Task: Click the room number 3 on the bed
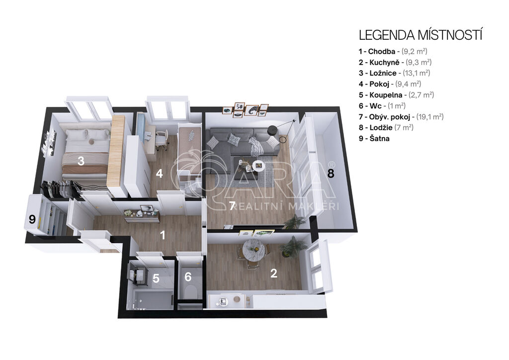click(81, 161)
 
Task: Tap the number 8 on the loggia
click(331, 173)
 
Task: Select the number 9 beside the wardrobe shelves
click(32, 219)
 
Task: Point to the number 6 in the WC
click(188, 277)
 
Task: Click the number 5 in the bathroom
click(156, 278)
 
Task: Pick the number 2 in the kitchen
click(274, 273)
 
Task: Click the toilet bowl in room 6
click(190, 292)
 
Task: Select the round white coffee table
click(258, 165)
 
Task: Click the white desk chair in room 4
click(162, 140)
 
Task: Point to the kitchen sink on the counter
click(223, 301)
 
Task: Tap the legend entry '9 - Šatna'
click(374, 139)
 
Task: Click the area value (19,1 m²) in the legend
click(430, 117)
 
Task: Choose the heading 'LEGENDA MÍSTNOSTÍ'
click(421, 35)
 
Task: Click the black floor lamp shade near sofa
click(272, 130)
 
